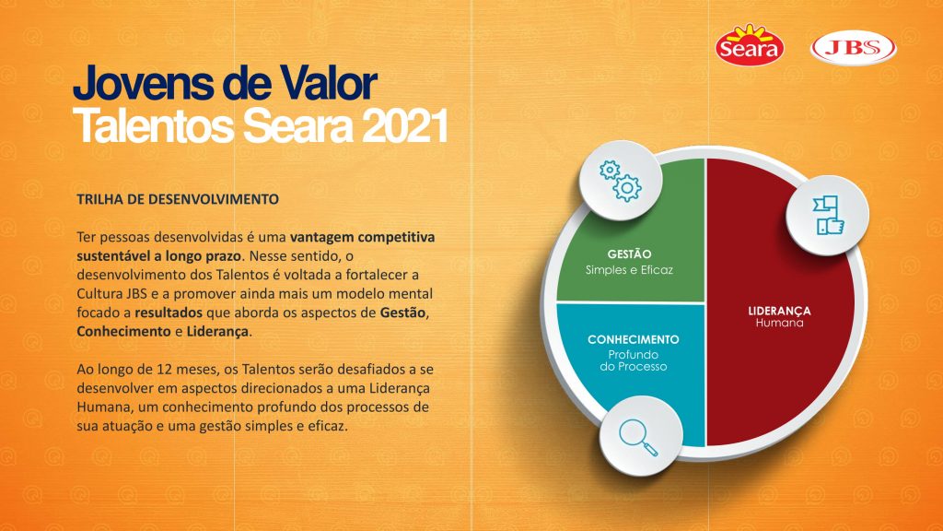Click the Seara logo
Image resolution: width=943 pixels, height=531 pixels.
[750, 45]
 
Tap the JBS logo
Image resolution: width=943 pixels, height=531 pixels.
[854, 48]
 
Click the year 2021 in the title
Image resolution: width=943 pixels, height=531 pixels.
[405, 125]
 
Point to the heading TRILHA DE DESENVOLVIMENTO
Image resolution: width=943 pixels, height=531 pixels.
[178, 199]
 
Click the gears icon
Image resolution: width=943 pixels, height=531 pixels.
[620, 181]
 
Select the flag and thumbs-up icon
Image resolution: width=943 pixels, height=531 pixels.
[828, 215]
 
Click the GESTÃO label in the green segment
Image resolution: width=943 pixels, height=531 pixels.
[629, 254]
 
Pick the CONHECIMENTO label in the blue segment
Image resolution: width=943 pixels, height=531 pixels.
[634, 339]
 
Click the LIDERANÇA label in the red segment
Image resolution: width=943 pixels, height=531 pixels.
[779, 311]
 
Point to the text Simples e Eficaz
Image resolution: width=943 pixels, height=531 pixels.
[629, 270]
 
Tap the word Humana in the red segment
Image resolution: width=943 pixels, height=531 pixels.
[779, 323]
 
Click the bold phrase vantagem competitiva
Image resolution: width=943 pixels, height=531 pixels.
[362, 237]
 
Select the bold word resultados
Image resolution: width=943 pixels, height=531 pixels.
[169, 313]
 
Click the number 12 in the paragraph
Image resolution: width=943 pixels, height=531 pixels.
[165, 369]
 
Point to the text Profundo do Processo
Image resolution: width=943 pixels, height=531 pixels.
[634, 360]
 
